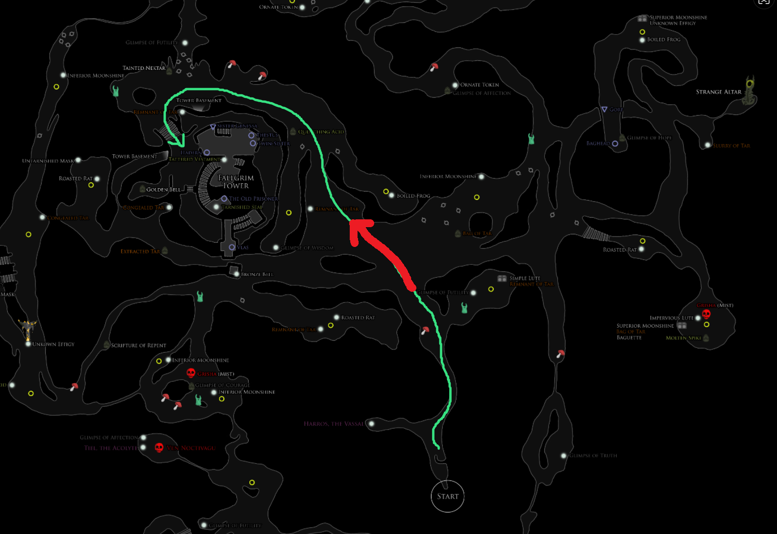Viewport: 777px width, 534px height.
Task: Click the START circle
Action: pyautogui.click(x=448, y=496)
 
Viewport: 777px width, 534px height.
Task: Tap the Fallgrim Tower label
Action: pyautogui.click(x=236, y=182)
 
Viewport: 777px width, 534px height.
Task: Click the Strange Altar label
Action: pyautogui.click(x=718, y=92)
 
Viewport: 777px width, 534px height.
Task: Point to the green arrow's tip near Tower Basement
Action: pyautogui.click(x=182, y=144)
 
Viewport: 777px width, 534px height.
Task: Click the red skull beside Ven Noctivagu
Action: pyautogui.click(x=159, y=448)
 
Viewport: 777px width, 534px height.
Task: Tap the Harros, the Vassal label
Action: pyautogui.click(x=334, y=424)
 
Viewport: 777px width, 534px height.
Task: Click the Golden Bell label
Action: pyautogui.click(x=163, y=190)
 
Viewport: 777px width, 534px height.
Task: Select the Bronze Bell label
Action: pyautogui.click(x=257, y=274)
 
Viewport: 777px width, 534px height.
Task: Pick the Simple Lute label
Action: pyautogui.click(x=525, y=278)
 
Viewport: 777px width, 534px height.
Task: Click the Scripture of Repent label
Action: pyautogui.click(x=138, y=345)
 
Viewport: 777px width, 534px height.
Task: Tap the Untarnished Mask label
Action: pyautogui.click(x=48, y=161)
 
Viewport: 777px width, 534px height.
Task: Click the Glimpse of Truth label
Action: pyautogui.click(x=593, y=456)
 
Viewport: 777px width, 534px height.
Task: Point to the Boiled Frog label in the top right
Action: pyautogui.click(x=664, y=40)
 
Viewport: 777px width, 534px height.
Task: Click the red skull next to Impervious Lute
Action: pyautogui.click(x=706, y=314)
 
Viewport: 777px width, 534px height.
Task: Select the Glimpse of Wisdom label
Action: pyautogui.click(x=307, y=248)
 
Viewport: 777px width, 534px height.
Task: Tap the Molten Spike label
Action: pyautogui.click(x=683, y=338)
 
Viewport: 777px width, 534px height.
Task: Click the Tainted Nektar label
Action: pyautogui.click(x=144, y=68)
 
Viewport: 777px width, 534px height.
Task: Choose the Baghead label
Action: pyautogui.click(x=598, y=143)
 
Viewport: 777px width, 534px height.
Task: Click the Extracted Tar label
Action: pyautogui.click(x=140, y=252)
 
